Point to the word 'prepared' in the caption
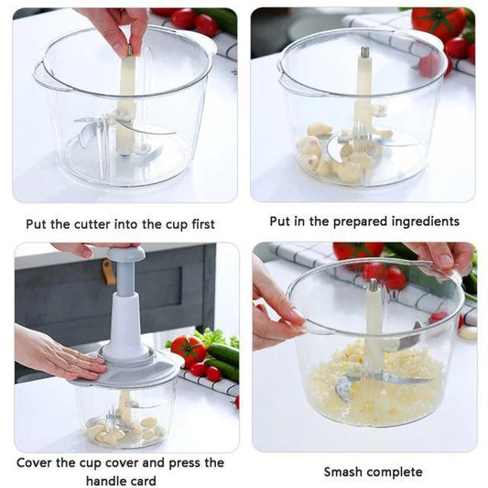tap(344, 222)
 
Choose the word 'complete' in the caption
tap(395, 472)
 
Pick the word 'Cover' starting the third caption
tap(38, 462)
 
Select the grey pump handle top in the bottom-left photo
tap(115, 253)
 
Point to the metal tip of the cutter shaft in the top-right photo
tap(363, 52)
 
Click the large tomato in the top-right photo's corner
tap(440, 23)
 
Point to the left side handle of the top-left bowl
tap(40, 77)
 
